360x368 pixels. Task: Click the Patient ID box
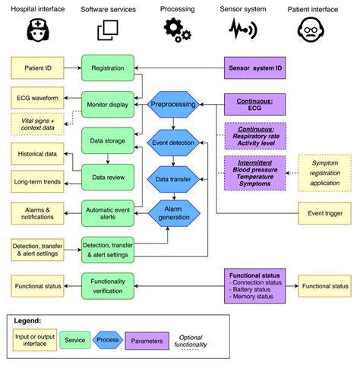(37, 68)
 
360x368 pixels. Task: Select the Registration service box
(107, 68)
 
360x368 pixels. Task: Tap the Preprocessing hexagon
(174, 104)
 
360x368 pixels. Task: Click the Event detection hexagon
(174, 142)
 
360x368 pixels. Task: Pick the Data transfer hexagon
(174, 179)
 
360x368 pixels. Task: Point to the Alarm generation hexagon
(174, 212)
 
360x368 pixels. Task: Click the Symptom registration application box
(325, 173)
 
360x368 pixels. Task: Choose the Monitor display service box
(107, 105)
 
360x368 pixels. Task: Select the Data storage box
(107, 140)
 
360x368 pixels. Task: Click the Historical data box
(37, 154)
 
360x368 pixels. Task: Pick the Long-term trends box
(37, 181)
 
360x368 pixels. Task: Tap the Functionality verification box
(107, 286)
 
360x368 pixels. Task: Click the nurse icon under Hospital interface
(37, 30)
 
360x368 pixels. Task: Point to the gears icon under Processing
(177, 30)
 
